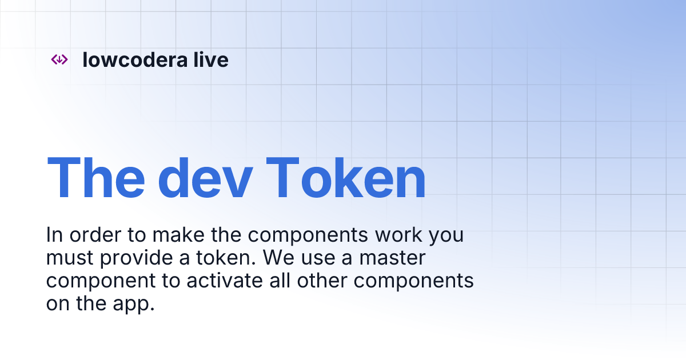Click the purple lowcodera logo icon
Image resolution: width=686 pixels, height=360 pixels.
pos(59,59)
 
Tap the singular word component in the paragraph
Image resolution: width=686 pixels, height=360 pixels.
pos(100,281)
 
